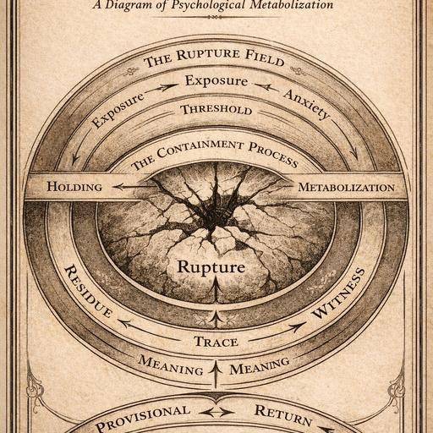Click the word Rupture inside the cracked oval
coord(211,267)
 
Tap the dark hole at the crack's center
coord(212,217)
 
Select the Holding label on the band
coord(74,187)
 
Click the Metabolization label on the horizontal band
coord(347,187)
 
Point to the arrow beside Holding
coord(133,187)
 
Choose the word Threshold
coord(216,110)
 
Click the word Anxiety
coord(306,103)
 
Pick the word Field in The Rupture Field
coord(265,58)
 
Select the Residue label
coord(88,291)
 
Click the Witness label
coord(337,293)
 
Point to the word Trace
coord(216,342)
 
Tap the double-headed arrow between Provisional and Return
coord(216,413)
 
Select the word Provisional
coord(142,418)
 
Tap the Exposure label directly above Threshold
coord(216,80)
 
